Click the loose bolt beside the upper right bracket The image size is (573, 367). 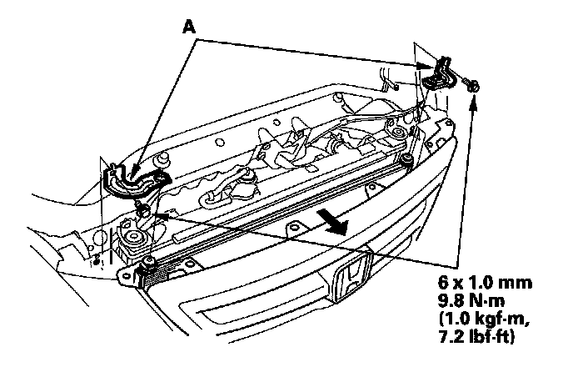(x=472, y=84)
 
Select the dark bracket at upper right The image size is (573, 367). (x=441, y=73)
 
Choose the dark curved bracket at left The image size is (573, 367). (x=133, y=178)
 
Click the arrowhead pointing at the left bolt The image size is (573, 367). (x=153, y=213)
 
